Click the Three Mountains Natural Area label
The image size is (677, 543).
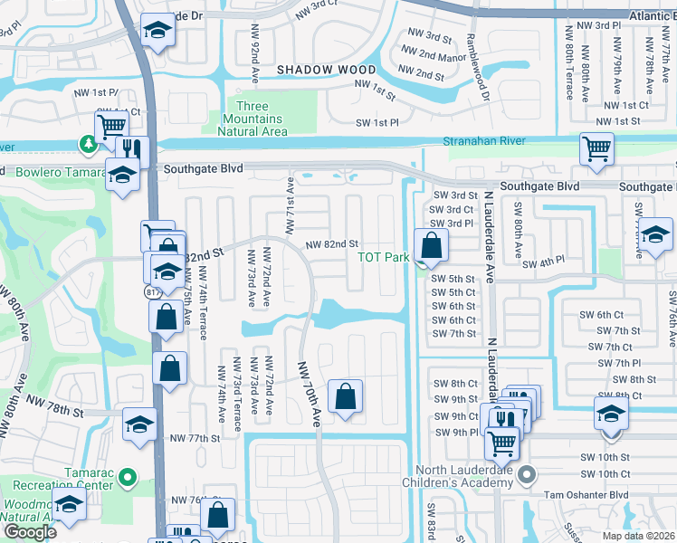tap(253, 119)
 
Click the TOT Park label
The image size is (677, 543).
tap(384, 257)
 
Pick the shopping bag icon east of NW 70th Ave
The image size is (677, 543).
tap(345, 397)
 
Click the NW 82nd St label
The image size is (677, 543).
tap(332, 244)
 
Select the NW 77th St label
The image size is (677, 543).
tap(195, 438)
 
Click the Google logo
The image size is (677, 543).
tap(30, 532)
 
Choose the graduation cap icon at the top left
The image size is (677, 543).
tap(158, 33)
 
